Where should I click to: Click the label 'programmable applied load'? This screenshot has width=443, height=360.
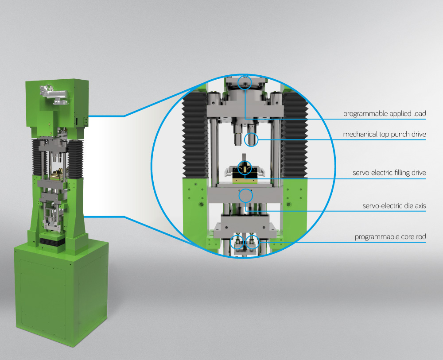click(384, 113)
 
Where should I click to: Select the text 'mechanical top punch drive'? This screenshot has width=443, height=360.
click(384, 134)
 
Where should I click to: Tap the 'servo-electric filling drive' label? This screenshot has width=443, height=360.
click(389, 173)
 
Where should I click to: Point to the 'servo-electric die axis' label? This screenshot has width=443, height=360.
click(394, 205)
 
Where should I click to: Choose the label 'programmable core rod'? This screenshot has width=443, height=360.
click(390, 236)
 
